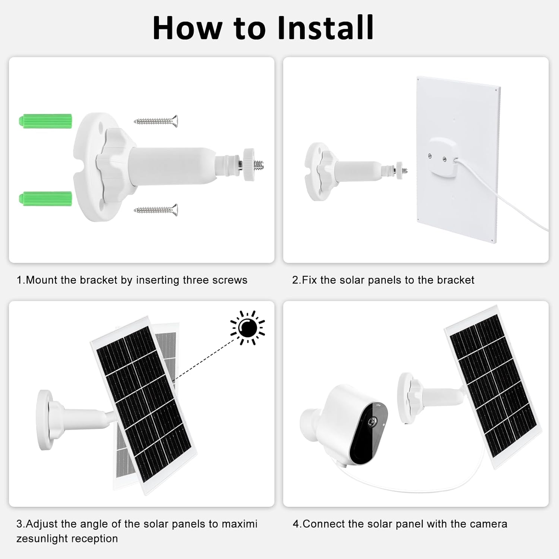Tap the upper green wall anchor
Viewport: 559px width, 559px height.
[x=45, y=121]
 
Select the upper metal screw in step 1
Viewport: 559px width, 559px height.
[x=156, y=121]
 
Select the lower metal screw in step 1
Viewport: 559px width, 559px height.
[x=156, y=210]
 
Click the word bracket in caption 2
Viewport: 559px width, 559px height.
[x=455, y=280]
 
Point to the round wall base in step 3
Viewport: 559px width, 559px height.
[x=45, y=420]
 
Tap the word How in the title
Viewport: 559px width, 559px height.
[x=186, y=28]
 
